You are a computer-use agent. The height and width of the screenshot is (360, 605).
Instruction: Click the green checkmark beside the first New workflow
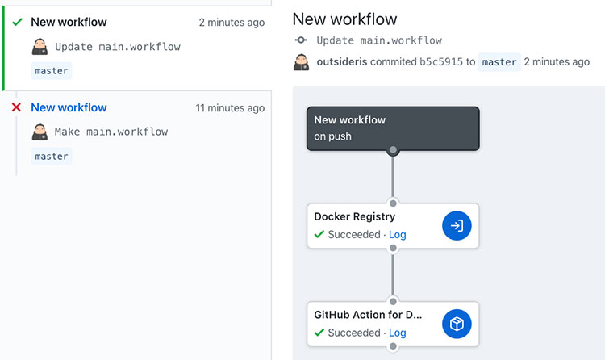click(18, 22)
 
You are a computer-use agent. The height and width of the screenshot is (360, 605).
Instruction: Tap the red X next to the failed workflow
click(16, 107)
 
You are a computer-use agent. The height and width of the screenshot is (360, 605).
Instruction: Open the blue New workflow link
click(69, 107)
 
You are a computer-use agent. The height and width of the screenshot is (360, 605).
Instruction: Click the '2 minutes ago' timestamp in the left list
click(232, 23)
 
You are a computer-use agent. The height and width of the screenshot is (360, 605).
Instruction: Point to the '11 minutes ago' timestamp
click(230, 108)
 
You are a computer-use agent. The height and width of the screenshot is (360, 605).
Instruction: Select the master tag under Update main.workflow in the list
click(52, 71)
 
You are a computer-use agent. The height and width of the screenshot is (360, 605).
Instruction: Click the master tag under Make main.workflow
click(52, 157)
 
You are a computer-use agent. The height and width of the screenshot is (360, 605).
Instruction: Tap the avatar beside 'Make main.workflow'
click(40, 132)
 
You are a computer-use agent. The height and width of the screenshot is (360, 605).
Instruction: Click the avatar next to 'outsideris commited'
click(302, 62)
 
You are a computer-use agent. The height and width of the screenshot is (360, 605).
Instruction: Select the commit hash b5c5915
click(441, 62)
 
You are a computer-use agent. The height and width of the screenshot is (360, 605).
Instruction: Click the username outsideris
click(342, 62)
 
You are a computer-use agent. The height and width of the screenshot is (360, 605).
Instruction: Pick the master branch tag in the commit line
click(499, 62)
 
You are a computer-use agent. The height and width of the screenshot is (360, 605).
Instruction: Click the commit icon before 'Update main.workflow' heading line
click(301, 40)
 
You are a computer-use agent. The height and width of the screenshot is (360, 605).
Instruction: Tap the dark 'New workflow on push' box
click(393, 128)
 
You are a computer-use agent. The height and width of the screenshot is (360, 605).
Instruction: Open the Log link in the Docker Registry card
click(397, 234)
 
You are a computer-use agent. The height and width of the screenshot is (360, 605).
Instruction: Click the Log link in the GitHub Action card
click(397, 333)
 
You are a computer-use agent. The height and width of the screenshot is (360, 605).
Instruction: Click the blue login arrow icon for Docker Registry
click(457, 225)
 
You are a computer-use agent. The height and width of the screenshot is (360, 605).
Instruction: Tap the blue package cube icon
click(457, 324)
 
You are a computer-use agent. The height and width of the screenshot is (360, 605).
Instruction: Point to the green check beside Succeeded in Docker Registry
click(319, 234)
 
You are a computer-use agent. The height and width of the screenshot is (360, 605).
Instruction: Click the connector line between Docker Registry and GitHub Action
click(393, 274)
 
